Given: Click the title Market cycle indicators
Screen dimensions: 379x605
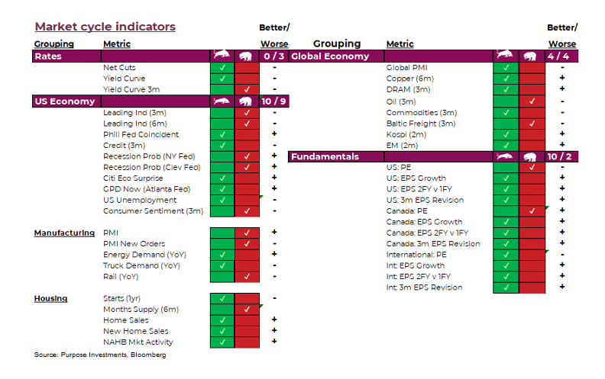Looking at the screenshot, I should tap(105, 27).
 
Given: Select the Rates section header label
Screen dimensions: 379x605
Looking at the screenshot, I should tap(48, 56).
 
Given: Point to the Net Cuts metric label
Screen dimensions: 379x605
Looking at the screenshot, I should tap(119, 68).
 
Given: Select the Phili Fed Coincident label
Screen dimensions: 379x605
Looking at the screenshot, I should tap(141, 134).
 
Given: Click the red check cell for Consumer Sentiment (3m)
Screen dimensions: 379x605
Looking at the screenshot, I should tap(246, 211).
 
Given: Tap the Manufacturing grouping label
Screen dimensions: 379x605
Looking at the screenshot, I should tap(64, 233).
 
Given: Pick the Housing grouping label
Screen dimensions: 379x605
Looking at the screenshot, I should tap(50, 298).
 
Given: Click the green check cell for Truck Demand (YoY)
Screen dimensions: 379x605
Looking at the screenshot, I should tap(222, 265).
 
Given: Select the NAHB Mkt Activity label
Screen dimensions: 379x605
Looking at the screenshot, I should tap(137, 342).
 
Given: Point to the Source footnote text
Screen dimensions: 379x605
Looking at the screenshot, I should tap(99, 355).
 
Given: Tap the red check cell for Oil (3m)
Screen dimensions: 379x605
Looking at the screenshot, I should tap(532, 101).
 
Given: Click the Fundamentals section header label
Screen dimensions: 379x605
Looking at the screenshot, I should tap(324, 156).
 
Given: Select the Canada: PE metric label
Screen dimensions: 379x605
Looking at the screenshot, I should tap(407, 210).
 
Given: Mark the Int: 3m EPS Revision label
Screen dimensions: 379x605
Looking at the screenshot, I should tap(425, 287).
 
